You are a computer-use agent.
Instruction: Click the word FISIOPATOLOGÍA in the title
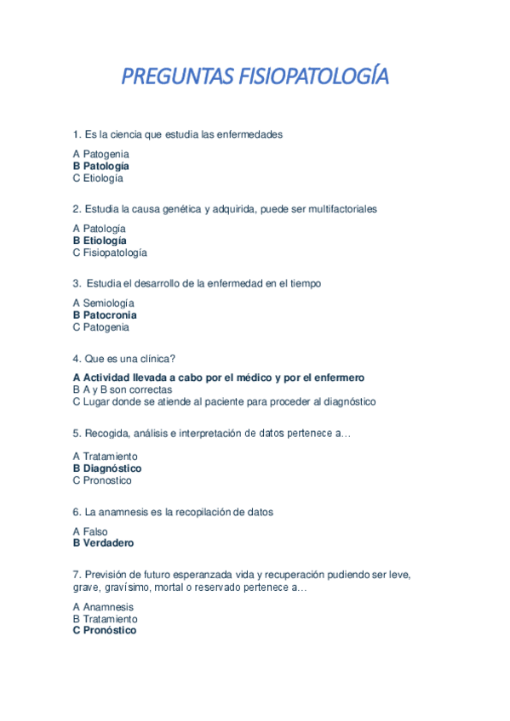(310, 77)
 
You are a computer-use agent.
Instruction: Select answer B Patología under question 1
(101, 166)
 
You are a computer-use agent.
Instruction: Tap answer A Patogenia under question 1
(100, 154)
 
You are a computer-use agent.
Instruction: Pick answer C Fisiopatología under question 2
(110, 253)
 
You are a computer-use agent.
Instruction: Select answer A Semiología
(103, 303)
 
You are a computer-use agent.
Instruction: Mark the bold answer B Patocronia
(105, 315)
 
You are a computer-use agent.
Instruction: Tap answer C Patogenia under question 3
(101, 326)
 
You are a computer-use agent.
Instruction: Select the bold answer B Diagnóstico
(107, 468)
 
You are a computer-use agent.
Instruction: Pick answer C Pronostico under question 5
(102, 480)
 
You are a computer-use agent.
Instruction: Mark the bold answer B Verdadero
(103, 542)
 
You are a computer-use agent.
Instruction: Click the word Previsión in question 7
(107, 575)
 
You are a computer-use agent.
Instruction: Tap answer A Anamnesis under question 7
(103, 607)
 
